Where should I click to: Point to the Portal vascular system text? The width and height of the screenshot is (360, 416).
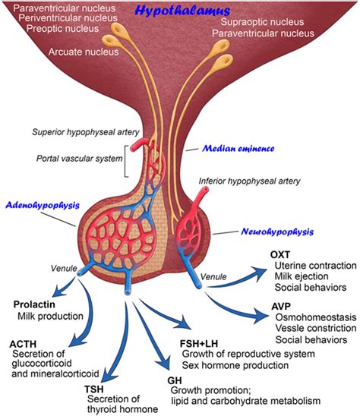pyautogui.click(x=77, y=158)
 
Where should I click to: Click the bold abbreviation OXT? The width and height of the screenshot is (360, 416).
pyautogui.click(x=283, y=254)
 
